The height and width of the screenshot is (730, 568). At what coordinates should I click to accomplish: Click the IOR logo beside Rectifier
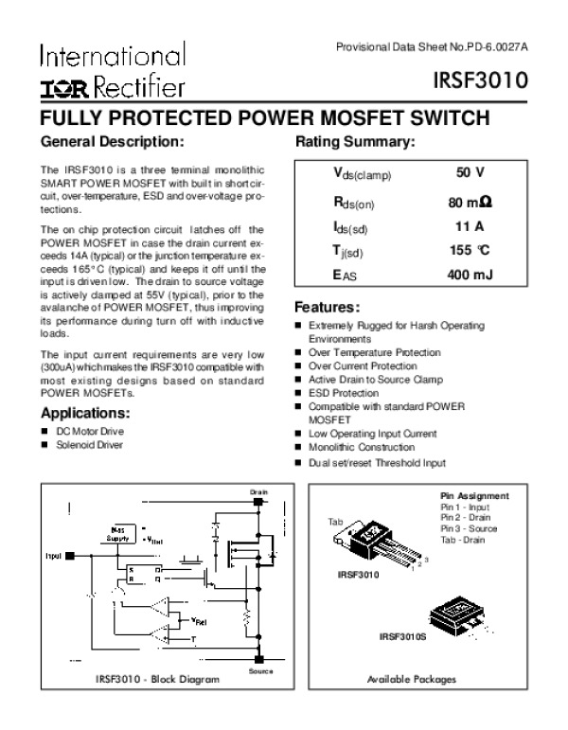point(64,88)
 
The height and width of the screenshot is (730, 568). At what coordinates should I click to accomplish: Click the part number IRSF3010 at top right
point(498,83)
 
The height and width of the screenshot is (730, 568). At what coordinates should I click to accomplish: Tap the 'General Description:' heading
point(112,142)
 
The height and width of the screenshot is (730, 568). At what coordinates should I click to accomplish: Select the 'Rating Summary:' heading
point(356,142)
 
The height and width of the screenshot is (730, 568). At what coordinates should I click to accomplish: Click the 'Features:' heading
point(327,308)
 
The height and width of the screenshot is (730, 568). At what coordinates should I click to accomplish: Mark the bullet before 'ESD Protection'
point(298,392)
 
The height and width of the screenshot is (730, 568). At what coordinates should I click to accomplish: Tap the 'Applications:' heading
point(85,413)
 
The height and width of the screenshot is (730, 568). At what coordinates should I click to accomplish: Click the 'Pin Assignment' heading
point(475,496)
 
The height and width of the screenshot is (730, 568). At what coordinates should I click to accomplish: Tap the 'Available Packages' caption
point(411,680)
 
